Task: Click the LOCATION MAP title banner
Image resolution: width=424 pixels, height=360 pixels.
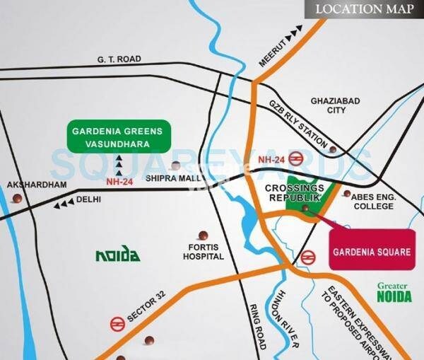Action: point(363,9)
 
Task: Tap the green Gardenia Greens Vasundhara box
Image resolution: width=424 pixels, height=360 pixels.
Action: point(117,137)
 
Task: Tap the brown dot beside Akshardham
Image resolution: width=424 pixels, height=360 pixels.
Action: point(28,199)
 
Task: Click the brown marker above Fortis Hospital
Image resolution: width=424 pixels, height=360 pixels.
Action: point(203,234)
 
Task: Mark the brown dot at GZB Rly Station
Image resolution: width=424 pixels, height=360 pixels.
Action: point(332,149)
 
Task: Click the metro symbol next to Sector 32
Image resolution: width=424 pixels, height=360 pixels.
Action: point(117,324)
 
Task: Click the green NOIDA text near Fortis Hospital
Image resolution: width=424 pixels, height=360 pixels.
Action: point(117,255)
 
